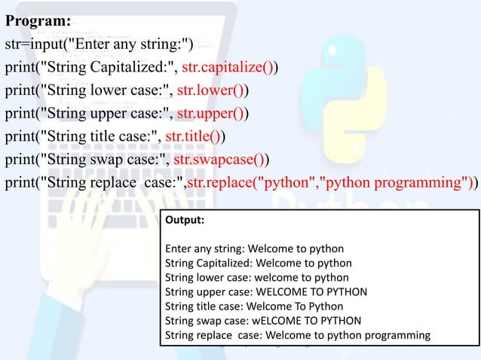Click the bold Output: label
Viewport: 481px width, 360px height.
(x=184, y=221)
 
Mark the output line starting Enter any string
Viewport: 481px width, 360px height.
(x=254, y=249)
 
